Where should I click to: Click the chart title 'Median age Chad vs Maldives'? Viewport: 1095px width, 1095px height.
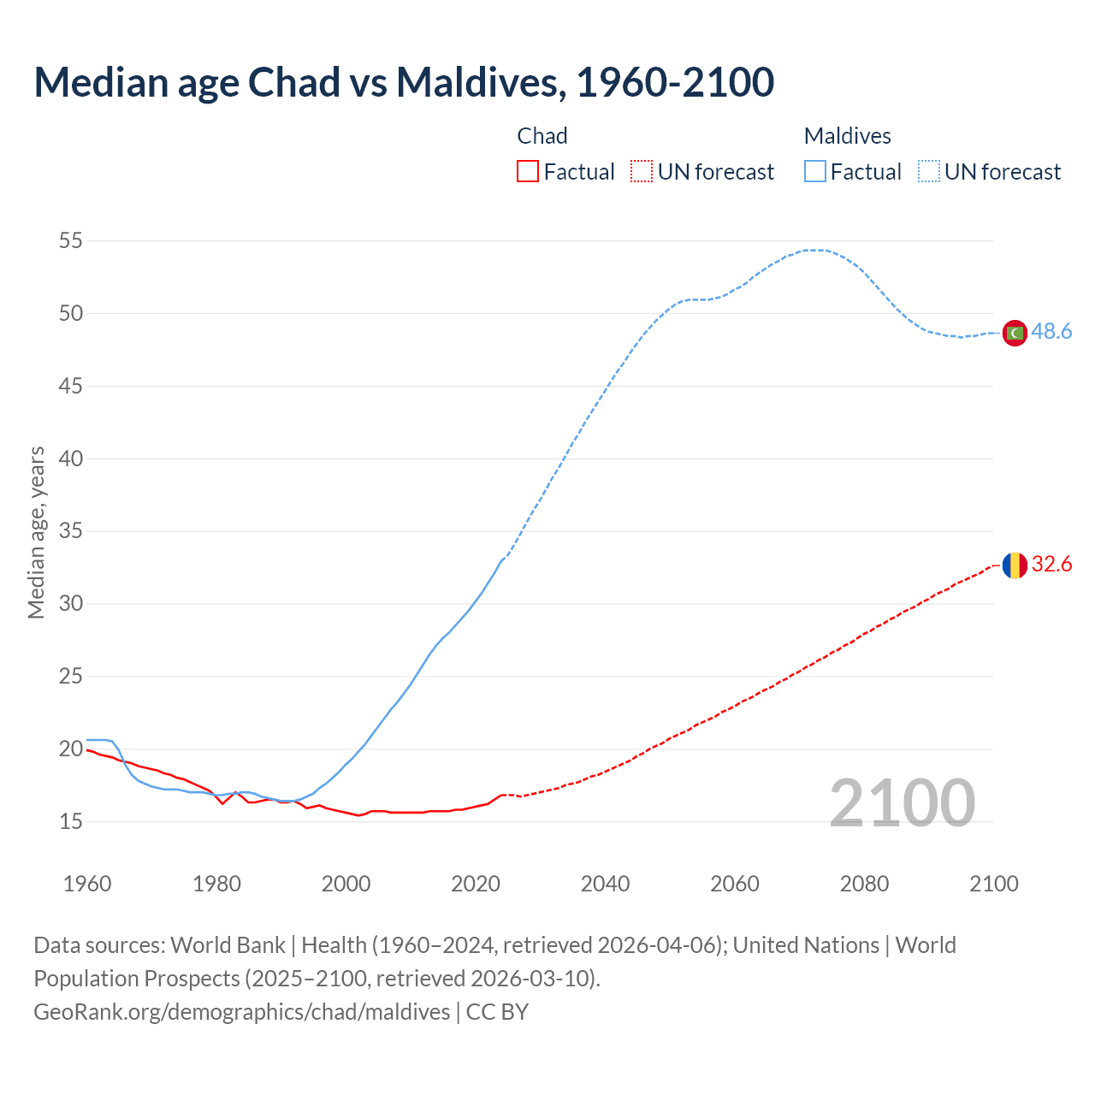[x=404, y=82]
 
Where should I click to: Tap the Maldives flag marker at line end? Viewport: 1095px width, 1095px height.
[x=1015, y=333]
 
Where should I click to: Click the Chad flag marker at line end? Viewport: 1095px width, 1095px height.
[x=1015, y=565]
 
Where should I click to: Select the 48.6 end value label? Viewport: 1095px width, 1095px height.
[x=1051, y=332]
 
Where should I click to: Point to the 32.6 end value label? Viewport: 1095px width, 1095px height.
[x=1051, y=565]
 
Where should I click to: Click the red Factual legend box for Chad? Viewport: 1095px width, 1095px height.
[x=528, y=172]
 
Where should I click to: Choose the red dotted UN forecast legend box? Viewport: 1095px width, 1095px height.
[x=642, y=172]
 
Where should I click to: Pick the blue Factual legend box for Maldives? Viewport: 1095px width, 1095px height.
[x=815, y=172]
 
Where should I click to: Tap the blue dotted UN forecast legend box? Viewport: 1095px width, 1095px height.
[x=929, y=172]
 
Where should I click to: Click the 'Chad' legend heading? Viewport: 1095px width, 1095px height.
[x=542, y=136]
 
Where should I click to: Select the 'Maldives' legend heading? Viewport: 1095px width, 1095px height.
[x=847, y=136]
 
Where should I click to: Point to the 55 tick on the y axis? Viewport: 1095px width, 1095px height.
[x=71, y=241]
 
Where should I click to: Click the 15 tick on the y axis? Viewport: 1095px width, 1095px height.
[x=71, y=822]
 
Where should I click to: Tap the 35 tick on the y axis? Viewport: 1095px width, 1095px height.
[x=71, y=531]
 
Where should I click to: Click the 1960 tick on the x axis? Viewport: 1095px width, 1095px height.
[x=87, y=884]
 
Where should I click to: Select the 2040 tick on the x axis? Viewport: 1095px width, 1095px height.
[x=605, y=884]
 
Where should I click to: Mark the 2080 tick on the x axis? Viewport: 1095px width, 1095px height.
[x=864, y=884]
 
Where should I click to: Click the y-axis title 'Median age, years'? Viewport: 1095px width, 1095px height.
[x=36, y=532]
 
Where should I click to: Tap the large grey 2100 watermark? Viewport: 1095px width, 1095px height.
[x=902, y=803]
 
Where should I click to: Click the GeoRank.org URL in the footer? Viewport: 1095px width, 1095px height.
[x=241, y=1012]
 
